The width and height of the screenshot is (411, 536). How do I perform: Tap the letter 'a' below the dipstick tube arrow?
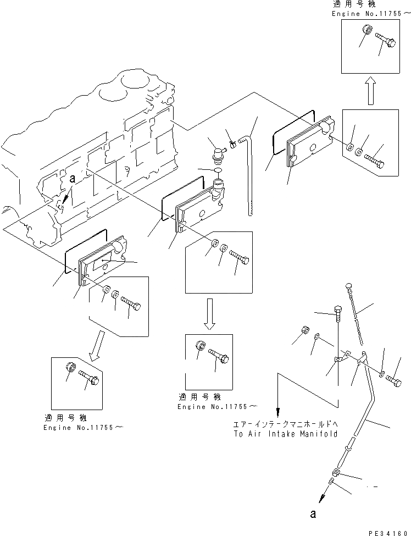point(313,514)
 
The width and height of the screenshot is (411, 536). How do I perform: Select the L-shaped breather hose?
point(251,165)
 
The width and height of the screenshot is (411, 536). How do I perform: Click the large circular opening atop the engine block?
point(132,81)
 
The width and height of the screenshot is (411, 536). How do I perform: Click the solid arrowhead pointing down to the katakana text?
point(278,412)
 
